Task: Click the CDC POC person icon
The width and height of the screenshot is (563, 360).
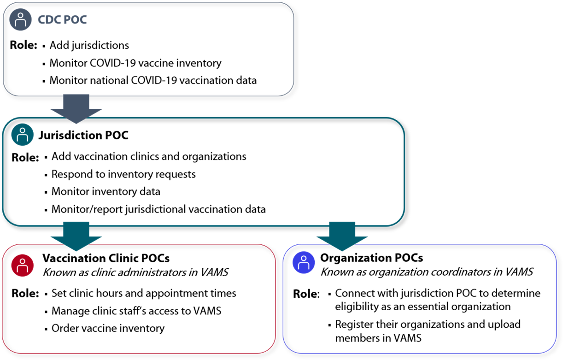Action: pyautogui.click(x=20, y=20)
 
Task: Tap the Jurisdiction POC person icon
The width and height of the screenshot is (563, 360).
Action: pyautogui.click(x=22, y=135)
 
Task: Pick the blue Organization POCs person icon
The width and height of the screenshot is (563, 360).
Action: pyautogui.click(x=304, y=262)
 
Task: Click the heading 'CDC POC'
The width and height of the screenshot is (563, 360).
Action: pyautogui.click(x=62, y=20)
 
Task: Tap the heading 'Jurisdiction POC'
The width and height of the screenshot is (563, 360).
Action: pyautogui.click(x=83, y=135)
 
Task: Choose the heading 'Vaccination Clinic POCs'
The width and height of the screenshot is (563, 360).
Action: pyautogui.click(x=106, y=258)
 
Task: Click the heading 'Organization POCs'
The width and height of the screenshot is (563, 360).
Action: pyautogui.click(x=371, y=258)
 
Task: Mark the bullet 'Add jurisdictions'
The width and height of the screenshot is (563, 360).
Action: pyautogui.click(x=89, y=45)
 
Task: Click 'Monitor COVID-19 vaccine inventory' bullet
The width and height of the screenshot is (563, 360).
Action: pyautogui.click(x=135, y=63)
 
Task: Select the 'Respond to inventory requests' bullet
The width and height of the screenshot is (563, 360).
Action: pyautogui.click(x=123, y=174)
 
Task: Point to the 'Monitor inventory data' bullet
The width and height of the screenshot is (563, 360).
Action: pyautogui.click(x=106, y=191)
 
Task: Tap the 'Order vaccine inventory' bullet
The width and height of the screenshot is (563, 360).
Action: pyautogui.click(x=108, y=328)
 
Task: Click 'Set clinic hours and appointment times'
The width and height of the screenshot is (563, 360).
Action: pyautogui.click(x=144, y=293)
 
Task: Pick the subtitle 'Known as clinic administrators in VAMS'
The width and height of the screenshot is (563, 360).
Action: pyautogui.click(x=135, y=272)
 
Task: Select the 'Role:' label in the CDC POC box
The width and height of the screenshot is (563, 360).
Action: pyautogui.click(x=23, y=46)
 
